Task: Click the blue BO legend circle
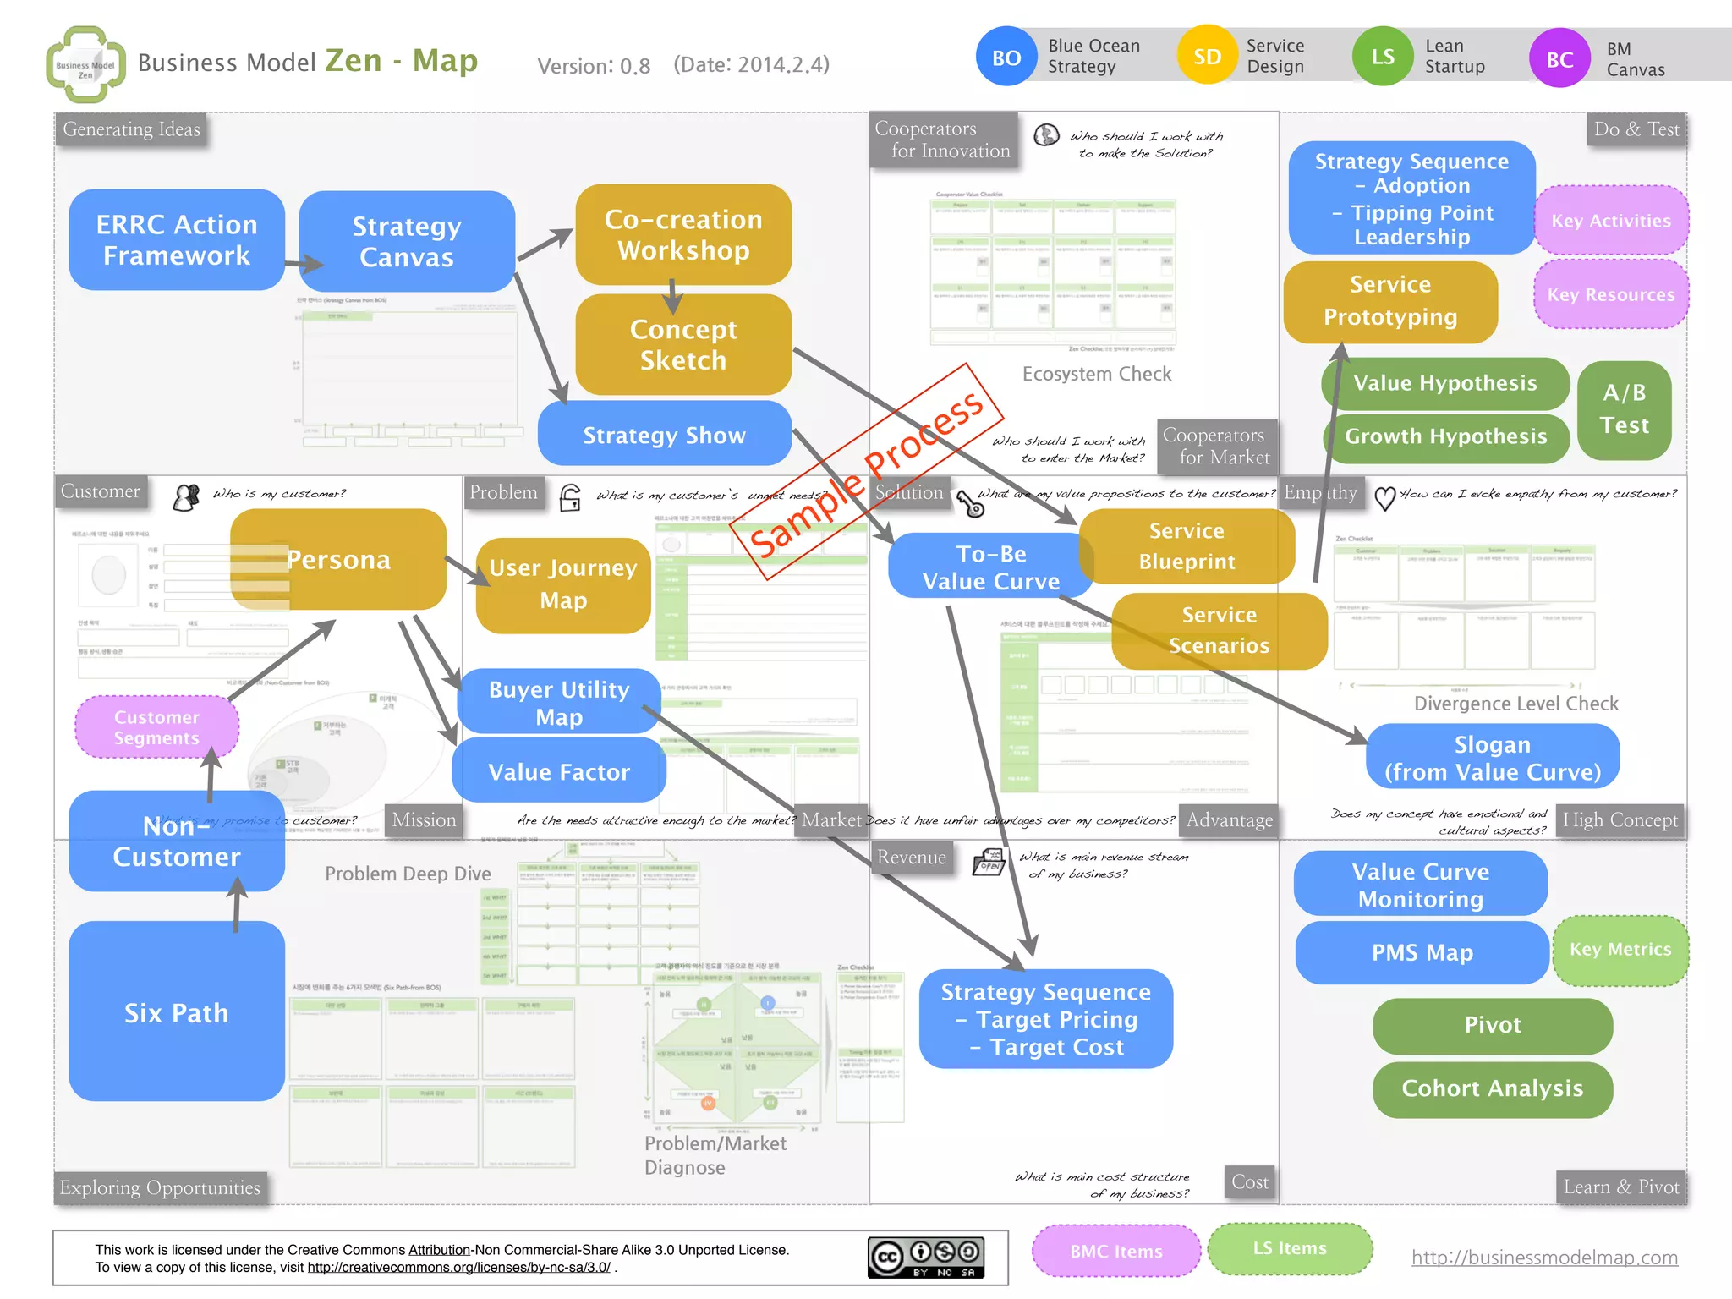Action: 1006,58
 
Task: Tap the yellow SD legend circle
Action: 1207,57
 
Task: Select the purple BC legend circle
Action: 1559,59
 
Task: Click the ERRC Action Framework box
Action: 176,240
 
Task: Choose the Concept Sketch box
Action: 683,344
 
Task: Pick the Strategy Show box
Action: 665,435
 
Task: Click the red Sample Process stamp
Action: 866,474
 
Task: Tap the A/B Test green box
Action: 1625,409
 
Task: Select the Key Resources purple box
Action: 1610,294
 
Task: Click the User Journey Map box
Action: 563,584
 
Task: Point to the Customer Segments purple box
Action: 156,727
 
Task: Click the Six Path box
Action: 176,1012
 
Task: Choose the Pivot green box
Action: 1493,1025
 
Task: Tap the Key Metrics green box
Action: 1620,950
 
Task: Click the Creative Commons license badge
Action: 925,1258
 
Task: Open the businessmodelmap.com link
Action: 1544,1258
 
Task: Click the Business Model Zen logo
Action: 85,64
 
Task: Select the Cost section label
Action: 1250,1182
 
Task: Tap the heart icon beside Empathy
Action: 1384,498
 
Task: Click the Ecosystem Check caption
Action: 1097,374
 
